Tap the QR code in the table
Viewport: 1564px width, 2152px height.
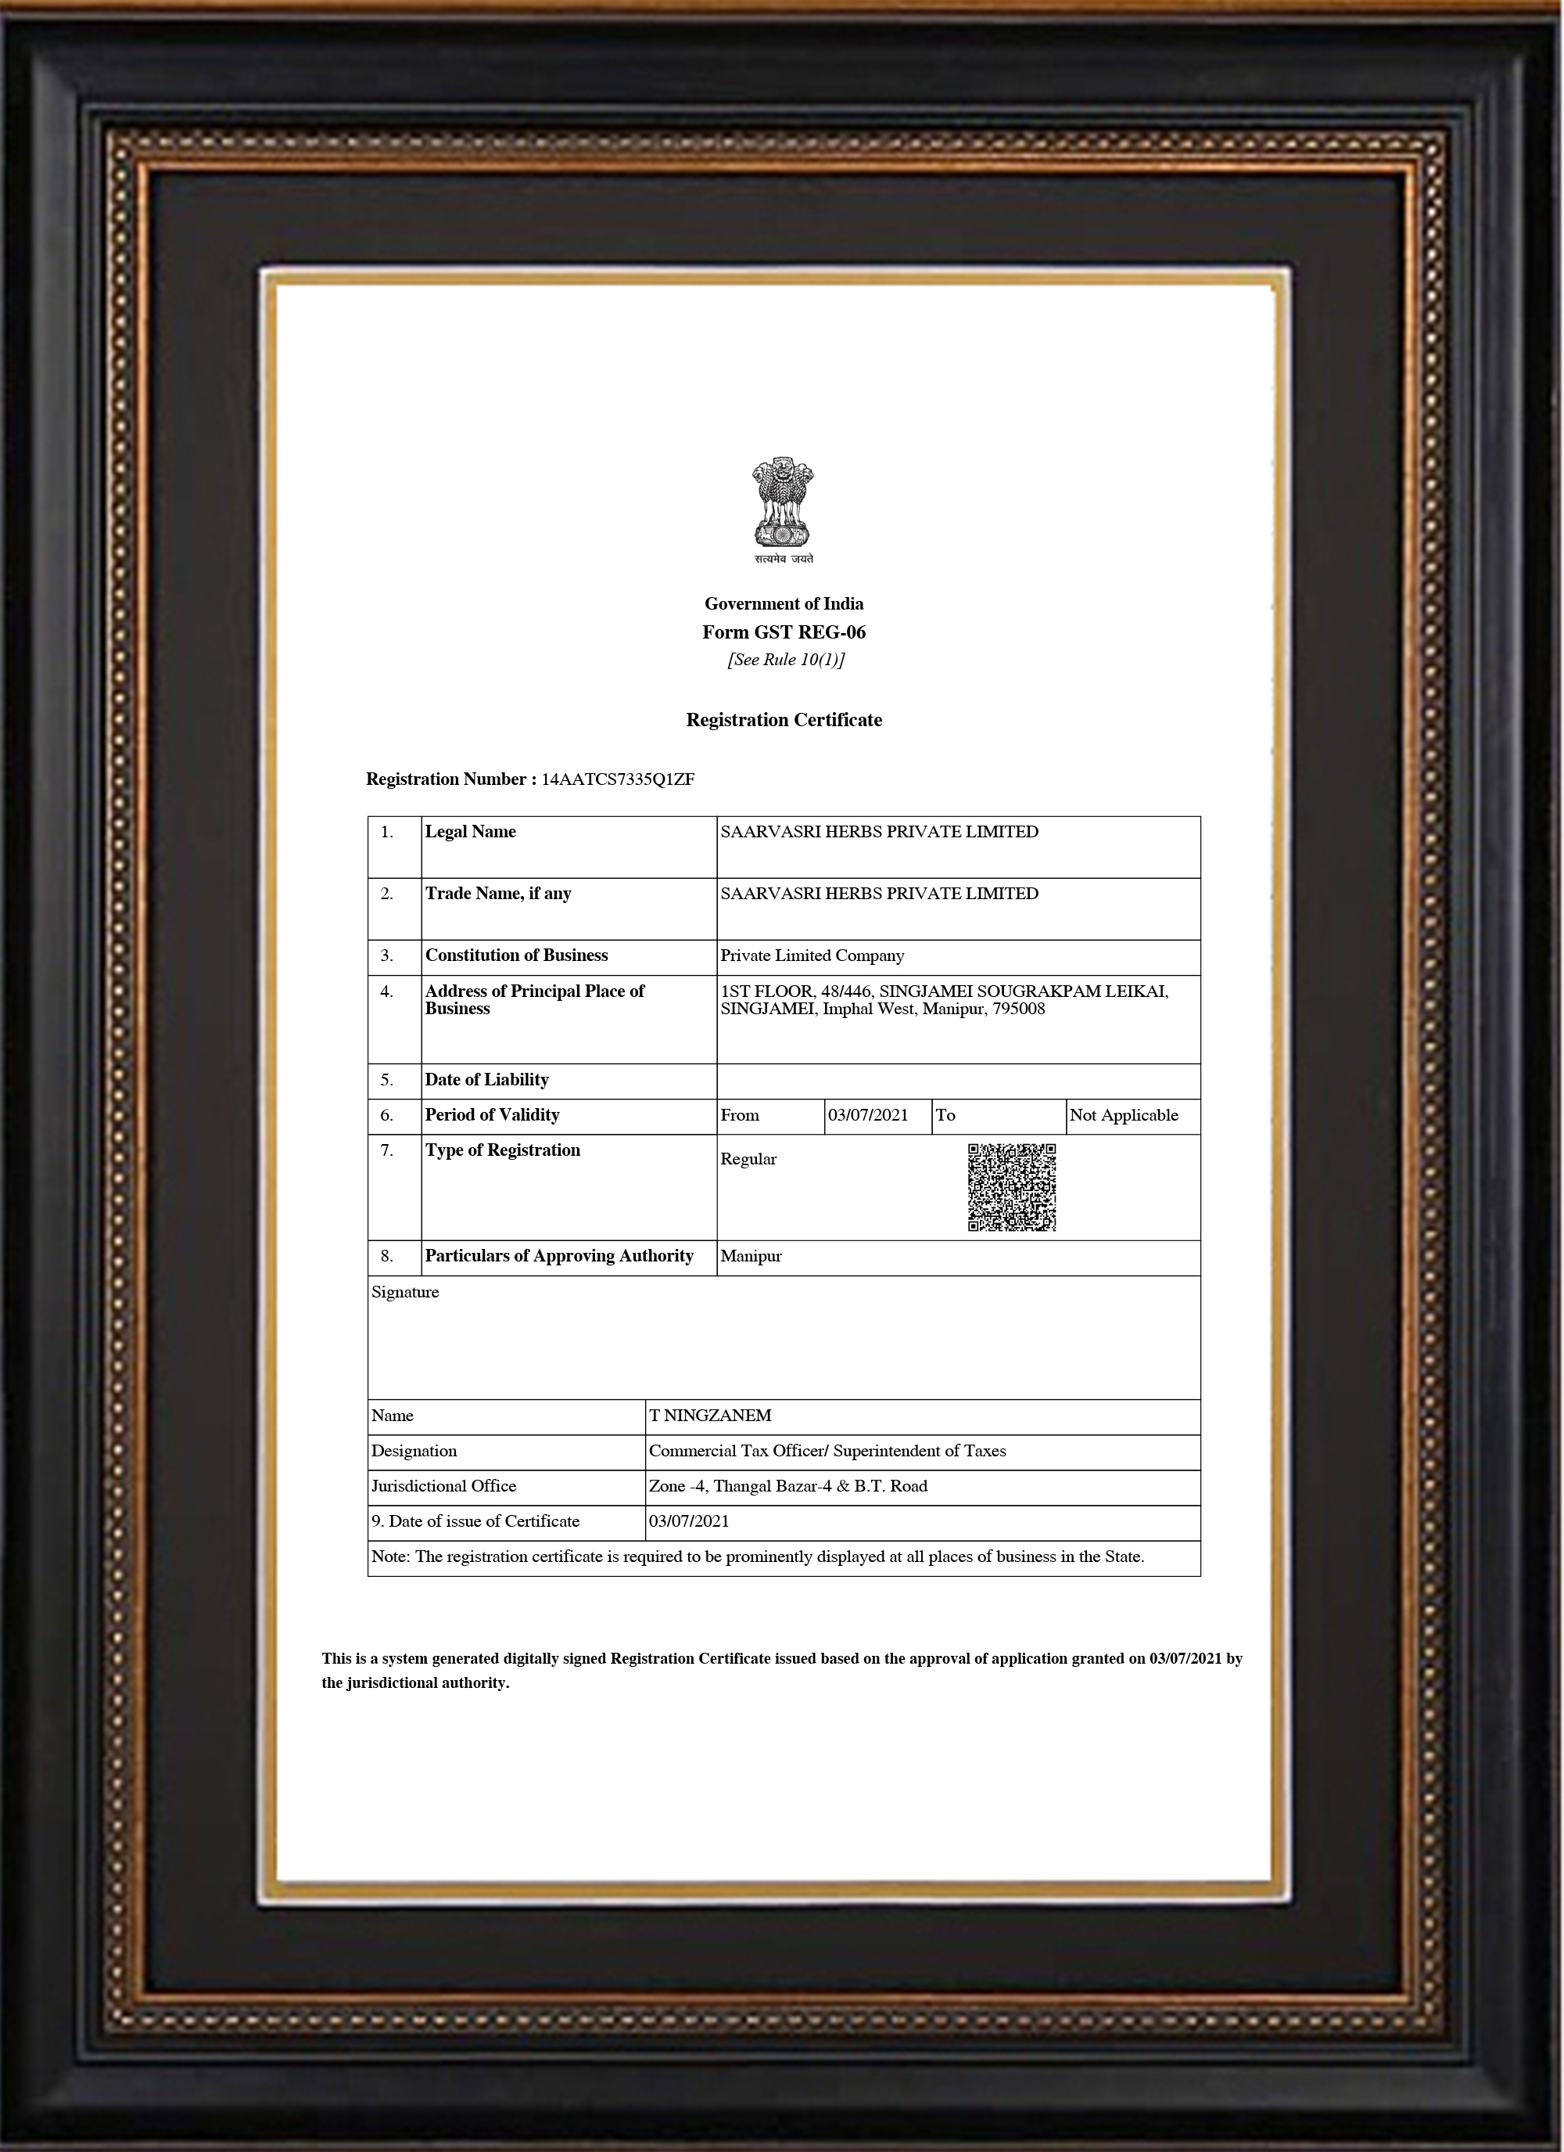[x=1011, y=1187]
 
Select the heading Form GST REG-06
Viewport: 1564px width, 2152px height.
[x=784, y=633]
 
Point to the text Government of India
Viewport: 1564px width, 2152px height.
[x=784, y=604]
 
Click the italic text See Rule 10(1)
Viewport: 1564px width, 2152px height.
[x=785, y=660]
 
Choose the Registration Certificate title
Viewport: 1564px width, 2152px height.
[x=784, y=720]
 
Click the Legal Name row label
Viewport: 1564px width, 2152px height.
[x=471, y=832]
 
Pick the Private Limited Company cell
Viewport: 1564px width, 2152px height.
[x=812, y=955]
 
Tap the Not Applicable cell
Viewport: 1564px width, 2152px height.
[x=1123, y=1116]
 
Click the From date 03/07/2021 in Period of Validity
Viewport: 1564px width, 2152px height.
[x=868, y=1116]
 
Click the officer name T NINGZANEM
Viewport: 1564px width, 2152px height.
[x=710, y=1416]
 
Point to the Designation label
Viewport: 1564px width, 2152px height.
[x=414, y=1451]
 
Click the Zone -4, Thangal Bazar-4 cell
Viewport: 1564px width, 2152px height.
[x=788, y=1486]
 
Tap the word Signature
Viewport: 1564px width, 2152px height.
[x=405, y=1292]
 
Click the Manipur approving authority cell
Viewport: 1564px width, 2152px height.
[x=752, y=1256]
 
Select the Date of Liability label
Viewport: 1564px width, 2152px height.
[x=486, y=1080]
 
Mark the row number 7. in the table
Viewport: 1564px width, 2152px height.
[x=387, y=1151]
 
